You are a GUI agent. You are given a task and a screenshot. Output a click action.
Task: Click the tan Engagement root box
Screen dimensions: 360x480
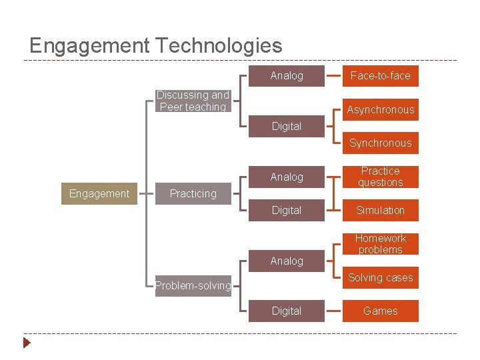pos(99,193)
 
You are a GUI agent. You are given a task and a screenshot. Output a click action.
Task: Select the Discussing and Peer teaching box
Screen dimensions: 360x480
pos(193,101)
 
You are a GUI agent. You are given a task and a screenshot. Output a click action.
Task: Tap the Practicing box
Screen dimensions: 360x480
pos(193,193)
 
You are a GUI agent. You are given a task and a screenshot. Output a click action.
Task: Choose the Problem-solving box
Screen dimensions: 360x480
pos(193,285)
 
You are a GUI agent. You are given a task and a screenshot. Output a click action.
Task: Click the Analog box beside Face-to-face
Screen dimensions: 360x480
pos(287,76)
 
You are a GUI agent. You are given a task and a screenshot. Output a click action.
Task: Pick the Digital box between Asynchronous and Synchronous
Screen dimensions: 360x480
pos(287,126)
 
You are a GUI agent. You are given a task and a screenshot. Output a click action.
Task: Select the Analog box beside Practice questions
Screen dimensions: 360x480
pos(287,177)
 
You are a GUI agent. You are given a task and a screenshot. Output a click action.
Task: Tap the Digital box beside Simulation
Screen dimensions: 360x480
pos(287,210)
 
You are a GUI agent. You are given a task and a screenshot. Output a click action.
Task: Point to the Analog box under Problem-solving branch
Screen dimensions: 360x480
pos(287,261)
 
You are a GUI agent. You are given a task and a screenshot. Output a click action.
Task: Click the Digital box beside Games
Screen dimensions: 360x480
pos(287,311)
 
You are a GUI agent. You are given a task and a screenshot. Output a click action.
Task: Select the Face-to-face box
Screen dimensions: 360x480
pos(380,76)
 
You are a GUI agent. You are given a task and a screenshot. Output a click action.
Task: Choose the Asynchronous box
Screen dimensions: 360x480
pos(380,109)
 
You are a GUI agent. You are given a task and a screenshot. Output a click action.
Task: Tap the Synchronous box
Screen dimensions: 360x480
pos(380,143)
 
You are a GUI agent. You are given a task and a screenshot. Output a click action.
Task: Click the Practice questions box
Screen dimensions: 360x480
pos(380,177)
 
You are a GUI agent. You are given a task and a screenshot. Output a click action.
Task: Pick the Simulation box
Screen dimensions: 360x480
pos(380,210)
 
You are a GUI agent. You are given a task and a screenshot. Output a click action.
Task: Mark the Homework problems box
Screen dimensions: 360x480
pos(380,243)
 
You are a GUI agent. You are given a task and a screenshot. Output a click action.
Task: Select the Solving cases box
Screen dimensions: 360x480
pos(380,277)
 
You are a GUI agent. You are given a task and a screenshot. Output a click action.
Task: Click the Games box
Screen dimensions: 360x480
pos(380,311)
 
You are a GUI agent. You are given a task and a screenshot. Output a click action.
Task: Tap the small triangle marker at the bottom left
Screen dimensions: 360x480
pos(27,343)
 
